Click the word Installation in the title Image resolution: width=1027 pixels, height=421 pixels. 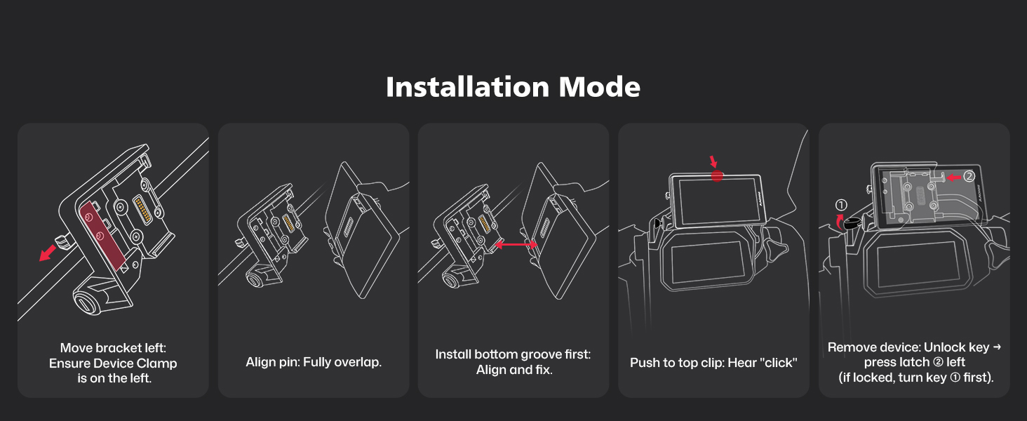(467, 87)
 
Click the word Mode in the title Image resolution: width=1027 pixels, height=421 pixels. (599, 87)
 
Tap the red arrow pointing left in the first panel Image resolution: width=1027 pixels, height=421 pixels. (48, 253)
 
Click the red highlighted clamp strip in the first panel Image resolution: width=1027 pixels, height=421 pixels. (102, 236)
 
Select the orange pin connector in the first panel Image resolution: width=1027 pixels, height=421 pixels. (143, 210)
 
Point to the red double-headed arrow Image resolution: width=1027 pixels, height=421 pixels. (516, 245)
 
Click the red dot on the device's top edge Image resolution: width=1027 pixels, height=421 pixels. (717, 175)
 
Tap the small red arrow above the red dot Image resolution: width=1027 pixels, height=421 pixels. (713, 161)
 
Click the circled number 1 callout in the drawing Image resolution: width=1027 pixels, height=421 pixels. (841, 205)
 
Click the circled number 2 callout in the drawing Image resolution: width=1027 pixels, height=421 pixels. (969, 177)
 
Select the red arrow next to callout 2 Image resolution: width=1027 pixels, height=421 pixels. (953, 178)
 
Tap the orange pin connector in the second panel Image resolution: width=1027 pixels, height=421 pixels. (288, 223)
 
